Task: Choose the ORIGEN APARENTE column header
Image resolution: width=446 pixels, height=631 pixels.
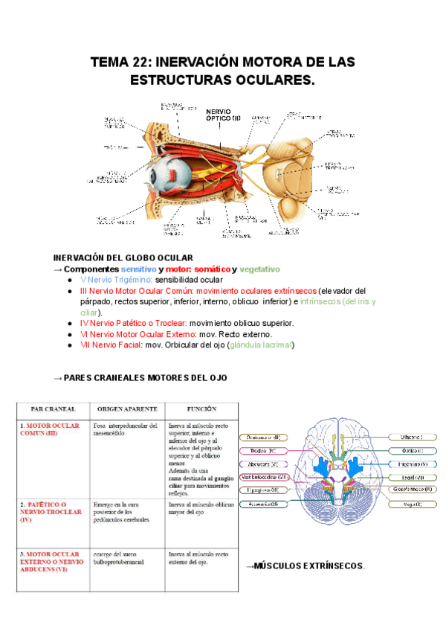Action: point(123,409)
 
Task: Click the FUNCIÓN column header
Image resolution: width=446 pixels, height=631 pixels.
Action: point(201,409)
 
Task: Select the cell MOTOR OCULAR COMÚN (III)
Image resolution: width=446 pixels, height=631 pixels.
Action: point(49,429)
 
